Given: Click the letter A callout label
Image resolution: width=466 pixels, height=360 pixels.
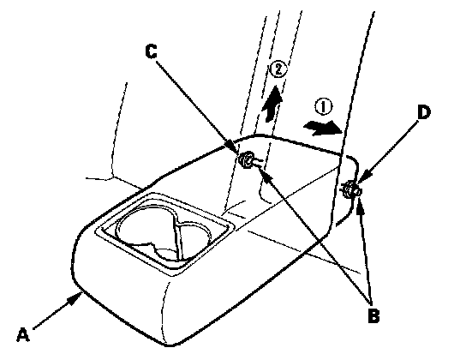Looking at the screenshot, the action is point(23,335).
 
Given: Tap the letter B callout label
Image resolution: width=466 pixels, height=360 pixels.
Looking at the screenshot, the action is point(373,315).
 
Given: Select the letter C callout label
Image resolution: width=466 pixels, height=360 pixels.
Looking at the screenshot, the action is point(152,51).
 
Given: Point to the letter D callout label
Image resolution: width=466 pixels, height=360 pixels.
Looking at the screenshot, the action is point(423,113).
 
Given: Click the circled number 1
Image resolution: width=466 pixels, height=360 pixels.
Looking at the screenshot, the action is point(323,107).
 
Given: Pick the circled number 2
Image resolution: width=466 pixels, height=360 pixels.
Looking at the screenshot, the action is point(278,69).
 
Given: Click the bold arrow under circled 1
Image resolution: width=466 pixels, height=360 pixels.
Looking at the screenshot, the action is point(322,128).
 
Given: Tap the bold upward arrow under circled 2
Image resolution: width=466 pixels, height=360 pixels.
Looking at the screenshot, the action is point(272,104).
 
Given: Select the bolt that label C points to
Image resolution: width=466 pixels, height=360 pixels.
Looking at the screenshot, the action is point(247,159).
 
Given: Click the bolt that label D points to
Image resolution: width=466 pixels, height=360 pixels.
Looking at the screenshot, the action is point(350,189).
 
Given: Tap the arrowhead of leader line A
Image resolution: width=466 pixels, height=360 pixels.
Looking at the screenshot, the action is point(75,299).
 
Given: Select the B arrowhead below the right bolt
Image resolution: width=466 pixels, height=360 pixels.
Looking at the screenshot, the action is point(360,205).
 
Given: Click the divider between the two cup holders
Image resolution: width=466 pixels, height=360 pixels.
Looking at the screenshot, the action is point(177,237).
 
